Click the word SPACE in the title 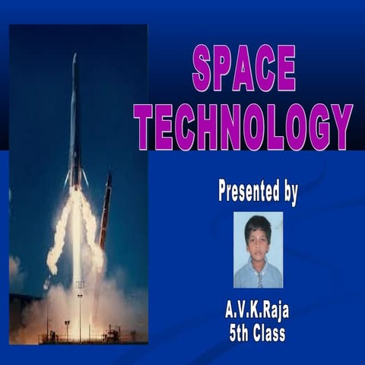(243, 68)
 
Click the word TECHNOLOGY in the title (243, 126)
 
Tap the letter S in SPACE (202, 68)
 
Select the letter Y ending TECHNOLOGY (341, 126)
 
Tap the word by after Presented (290, 192)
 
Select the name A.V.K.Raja (257, 310)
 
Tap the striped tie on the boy (259, 279)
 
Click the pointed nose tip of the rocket (75, 56)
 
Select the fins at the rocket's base (76, 179)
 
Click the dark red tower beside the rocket (105, 213)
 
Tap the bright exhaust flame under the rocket (77, 228)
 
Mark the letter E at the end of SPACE (285, 68)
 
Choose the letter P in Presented (224, 190)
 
